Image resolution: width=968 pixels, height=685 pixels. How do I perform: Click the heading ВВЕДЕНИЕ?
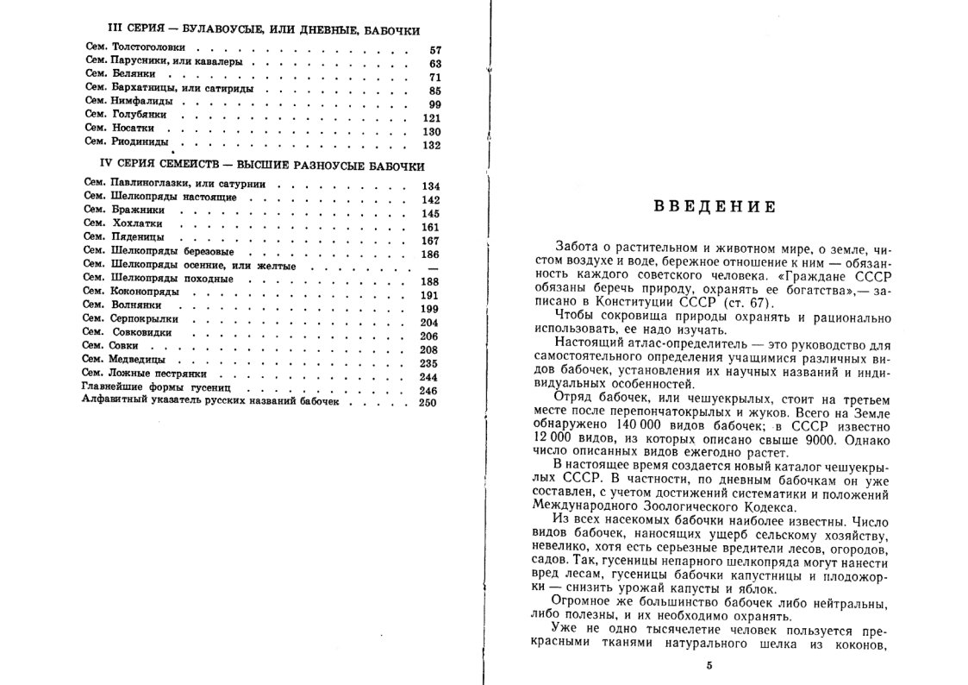pyautogui.click(x=714, y=207)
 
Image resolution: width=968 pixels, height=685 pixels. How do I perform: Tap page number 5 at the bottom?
pyautogui.click(x=709, y=666)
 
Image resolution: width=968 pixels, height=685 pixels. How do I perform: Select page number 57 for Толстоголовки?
pyautogui.click(x=434, y=50)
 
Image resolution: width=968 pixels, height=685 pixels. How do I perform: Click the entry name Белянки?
pyautogui.click(x=133, y=75)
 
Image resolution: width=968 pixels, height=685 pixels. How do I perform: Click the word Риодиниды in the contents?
pyautogui.click(x=141, y=142)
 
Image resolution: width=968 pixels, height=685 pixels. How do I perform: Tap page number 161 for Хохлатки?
pyautogui.click(x=431, y=227)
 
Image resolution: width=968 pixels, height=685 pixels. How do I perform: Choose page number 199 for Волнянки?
pyautogui.click(x=431, y=308)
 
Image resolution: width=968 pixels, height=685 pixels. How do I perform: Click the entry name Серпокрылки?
pyautogui.click(x=145, y=318)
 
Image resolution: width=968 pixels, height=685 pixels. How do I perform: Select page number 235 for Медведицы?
pyautogui.click(x=431, y=362)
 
